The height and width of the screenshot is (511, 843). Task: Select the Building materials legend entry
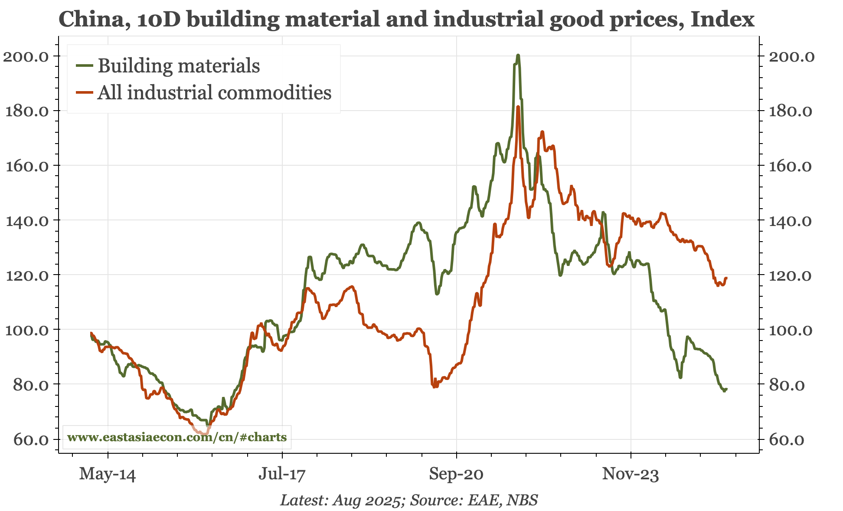[x=178, y=66]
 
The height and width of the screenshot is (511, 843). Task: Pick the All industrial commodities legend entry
[x=214, y=93]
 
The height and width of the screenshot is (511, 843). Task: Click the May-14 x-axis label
[x=108, y=474]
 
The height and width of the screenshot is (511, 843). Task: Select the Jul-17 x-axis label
[x=282, y=474]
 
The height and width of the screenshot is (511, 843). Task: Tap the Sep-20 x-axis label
[x=456, y=474]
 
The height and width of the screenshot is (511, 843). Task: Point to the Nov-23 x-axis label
[x=631, y=474]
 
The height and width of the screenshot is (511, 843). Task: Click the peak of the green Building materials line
[x=518, y=56]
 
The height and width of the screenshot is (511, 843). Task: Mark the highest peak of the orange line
[x=518, y=107]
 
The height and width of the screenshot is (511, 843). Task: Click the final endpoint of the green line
[x=726, y=389]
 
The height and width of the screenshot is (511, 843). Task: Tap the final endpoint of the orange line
[x=726, y=278]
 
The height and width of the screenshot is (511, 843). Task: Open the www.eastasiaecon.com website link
[x=177, y=437]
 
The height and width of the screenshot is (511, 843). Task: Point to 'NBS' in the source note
[x=522, y=500]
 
